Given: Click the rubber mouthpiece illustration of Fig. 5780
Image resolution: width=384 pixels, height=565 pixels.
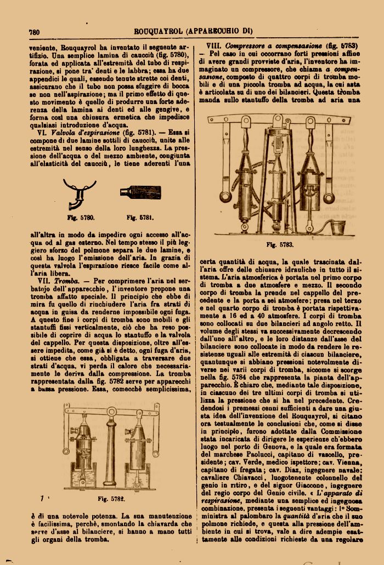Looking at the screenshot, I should (80, 194).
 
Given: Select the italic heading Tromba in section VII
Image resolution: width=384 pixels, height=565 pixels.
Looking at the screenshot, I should (65, 281).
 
